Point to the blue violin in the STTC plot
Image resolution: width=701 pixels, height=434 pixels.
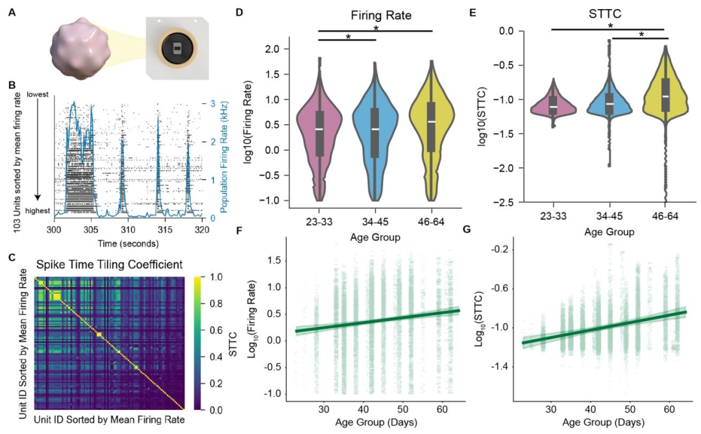tap(609, 104)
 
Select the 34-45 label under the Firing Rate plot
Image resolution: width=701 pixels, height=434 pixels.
tap(375, 219)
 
